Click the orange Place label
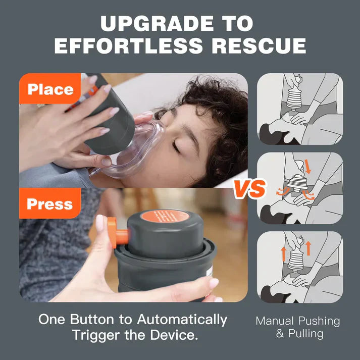[x=50, y=89]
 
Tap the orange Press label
[x=50, y=204]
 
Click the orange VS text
[x=249, y=189]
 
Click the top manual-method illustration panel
[x=300, y=110]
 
